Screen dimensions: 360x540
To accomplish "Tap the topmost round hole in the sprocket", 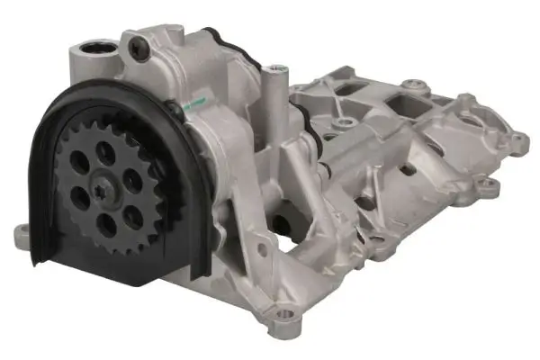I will coord(106,153).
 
